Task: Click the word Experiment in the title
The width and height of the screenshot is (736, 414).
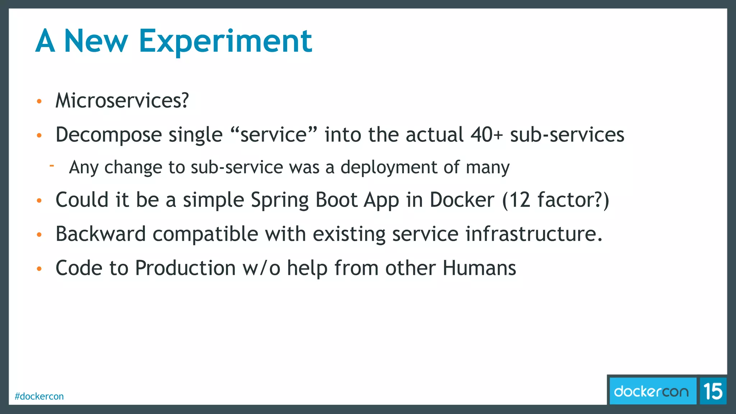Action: (225, 41)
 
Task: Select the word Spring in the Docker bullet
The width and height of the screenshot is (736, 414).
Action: (280, 200)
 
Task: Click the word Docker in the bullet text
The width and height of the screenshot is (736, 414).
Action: (462, 200)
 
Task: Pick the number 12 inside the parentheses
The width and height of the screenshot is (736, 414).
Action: (520, 200)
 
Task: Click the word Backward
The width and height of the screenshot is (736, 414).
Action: (101, 234)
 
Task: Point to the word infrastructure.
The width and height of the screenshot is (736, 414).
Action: (534, 234)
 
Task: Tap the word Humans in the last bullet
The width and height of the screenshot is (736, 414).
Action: (479, 268)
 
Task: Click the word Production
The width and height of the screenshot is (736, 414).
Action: (185, 268)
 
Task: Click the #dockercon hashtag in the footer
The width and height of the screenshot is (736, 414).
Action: (39, 396)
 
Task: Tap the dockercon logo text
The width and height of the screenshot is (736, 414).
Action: (651, 391)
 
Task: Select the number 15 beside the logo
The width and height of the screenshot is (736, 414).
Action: (713, 391)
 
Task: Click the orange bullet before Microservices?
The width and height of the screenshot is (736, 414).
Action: (40, 101)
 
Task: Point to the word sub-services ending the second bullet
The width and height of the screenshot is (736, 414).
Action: (567, 135)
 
